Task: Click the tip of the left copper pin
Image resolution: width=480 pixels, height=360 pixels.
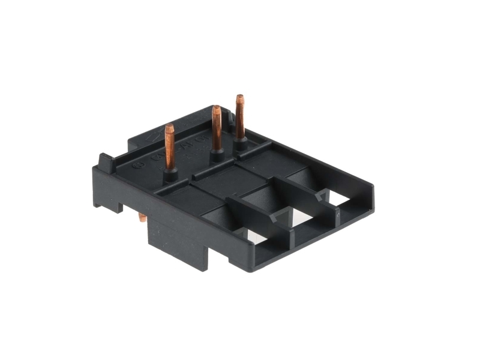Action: [x=169, y=127]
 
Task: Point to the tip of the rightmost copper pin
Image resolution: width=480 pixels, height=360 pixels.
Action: [x=240, y=97]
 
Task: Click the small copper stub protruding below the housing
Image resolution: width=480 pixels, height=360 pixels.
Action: [x=142, y=217]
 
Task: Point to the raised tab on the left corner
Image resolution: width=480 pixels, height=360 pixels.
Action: [x=106, y=161]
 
